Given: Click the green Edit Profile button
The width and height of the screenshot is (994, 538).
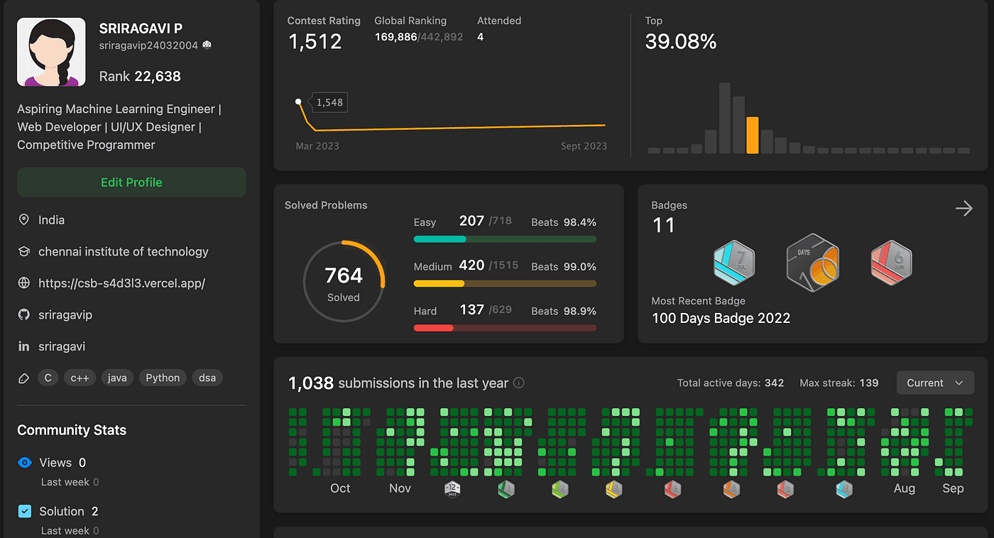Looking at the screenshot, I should coord(131,182).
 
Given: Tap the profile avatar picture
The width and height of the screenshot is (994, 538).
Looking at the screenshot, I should coord(51,53).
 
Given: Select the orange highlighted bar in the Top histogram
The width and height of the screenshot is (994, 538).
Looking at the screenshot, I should coord(753,135).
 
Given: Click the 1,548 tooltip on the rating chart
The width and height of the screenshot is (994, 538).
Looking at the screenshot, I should coord(329,102).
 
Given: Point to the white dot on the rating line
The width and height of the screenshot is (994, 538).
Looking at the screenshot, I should coord(298,102).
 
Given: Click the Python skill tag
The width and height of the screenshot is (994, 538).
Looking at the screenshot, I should coord(163,378).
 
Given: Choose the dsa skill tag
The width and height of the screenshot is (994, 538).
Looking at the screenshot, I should coord(207,378).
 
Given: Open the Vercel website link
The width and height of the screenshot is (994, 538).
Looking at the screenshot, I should coord(121,283).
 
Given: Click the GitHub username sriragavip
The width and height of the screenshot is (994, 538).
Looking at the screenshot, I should coord(65,314).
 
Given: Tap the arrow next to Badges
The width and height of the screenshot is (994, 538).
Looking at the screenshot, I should coord(963,208).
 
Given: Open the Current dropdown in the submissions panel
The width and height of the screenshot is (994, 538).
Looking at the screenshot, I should coord(934,383).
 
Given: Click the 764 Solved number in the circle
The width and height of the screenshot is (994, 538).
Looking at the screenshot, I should coord(344,275).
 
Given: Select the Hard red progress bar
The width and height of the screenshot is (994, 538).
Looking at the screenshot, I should coord(505,328).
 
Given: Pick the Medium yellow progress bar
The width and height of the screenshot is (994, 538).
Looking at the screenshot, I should coord(505,283).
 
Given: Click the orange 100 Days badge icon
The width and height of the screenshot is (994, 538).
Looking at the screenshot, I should coord(813,262).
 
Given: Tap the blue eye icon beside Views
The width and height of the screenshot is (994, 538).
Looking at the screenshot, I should coord(25,463).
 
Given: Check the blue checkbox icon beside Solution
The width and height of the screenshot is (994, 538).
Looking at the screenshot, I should coord(25,511).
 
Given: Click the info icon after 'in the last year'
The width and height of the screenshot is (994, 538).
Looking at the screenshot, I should coord(519,383).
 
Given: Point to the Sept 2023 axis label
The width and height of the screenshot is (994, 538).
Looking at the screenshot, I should coord(584,146).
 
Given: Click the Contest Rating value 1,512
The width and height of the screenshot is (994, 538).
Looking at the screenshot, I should coord(315,42).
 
